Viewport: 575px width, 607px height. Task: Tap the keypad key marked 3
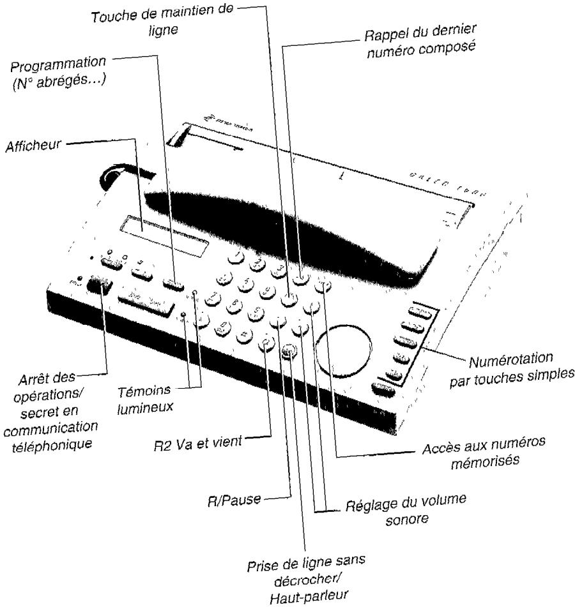coord(277,270)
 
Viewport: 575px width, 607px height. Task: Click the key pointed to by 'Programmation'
coord(174,283)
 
